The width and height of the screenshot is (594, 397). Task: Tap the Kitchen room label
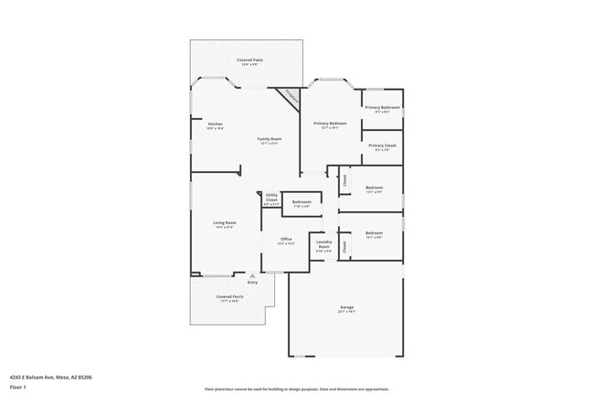coord(216,123)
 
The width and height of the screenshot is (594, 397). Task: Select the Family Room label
coord(269,139)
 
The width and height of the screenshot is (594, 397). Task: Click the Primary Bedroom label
coord(330,123)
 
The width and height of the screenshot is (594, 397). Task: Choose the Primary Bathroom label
coord(383,108)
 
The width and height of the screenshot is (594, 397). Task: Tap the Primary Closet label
coord(382,145)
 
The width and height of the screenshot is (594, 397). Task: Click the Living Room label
coord(226,223)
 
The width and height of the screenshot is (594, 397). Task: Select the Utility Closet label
coord(271,197)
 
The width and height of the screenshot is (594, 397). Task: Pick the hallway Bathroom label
coord(302,202)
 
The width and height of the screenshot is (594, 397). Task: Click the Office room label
coord(285,239)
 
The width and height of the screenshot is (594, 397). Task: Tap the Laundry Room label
coord(324,243)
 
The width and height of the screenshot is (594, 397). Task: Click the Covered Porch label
coord(229,297)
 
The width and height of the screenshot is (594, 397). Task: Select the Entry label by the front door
coord(252,282)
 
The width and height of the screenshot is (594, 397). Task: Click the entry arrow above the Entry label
coord(252,274)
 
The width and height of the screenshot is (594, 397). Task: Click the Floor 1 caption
coord(18,387)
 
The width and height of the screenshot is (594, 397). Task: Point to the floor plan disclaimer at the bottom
coord(296,389)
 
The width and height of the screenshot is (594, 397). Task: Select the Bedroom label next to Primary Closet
coord(374,188)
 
